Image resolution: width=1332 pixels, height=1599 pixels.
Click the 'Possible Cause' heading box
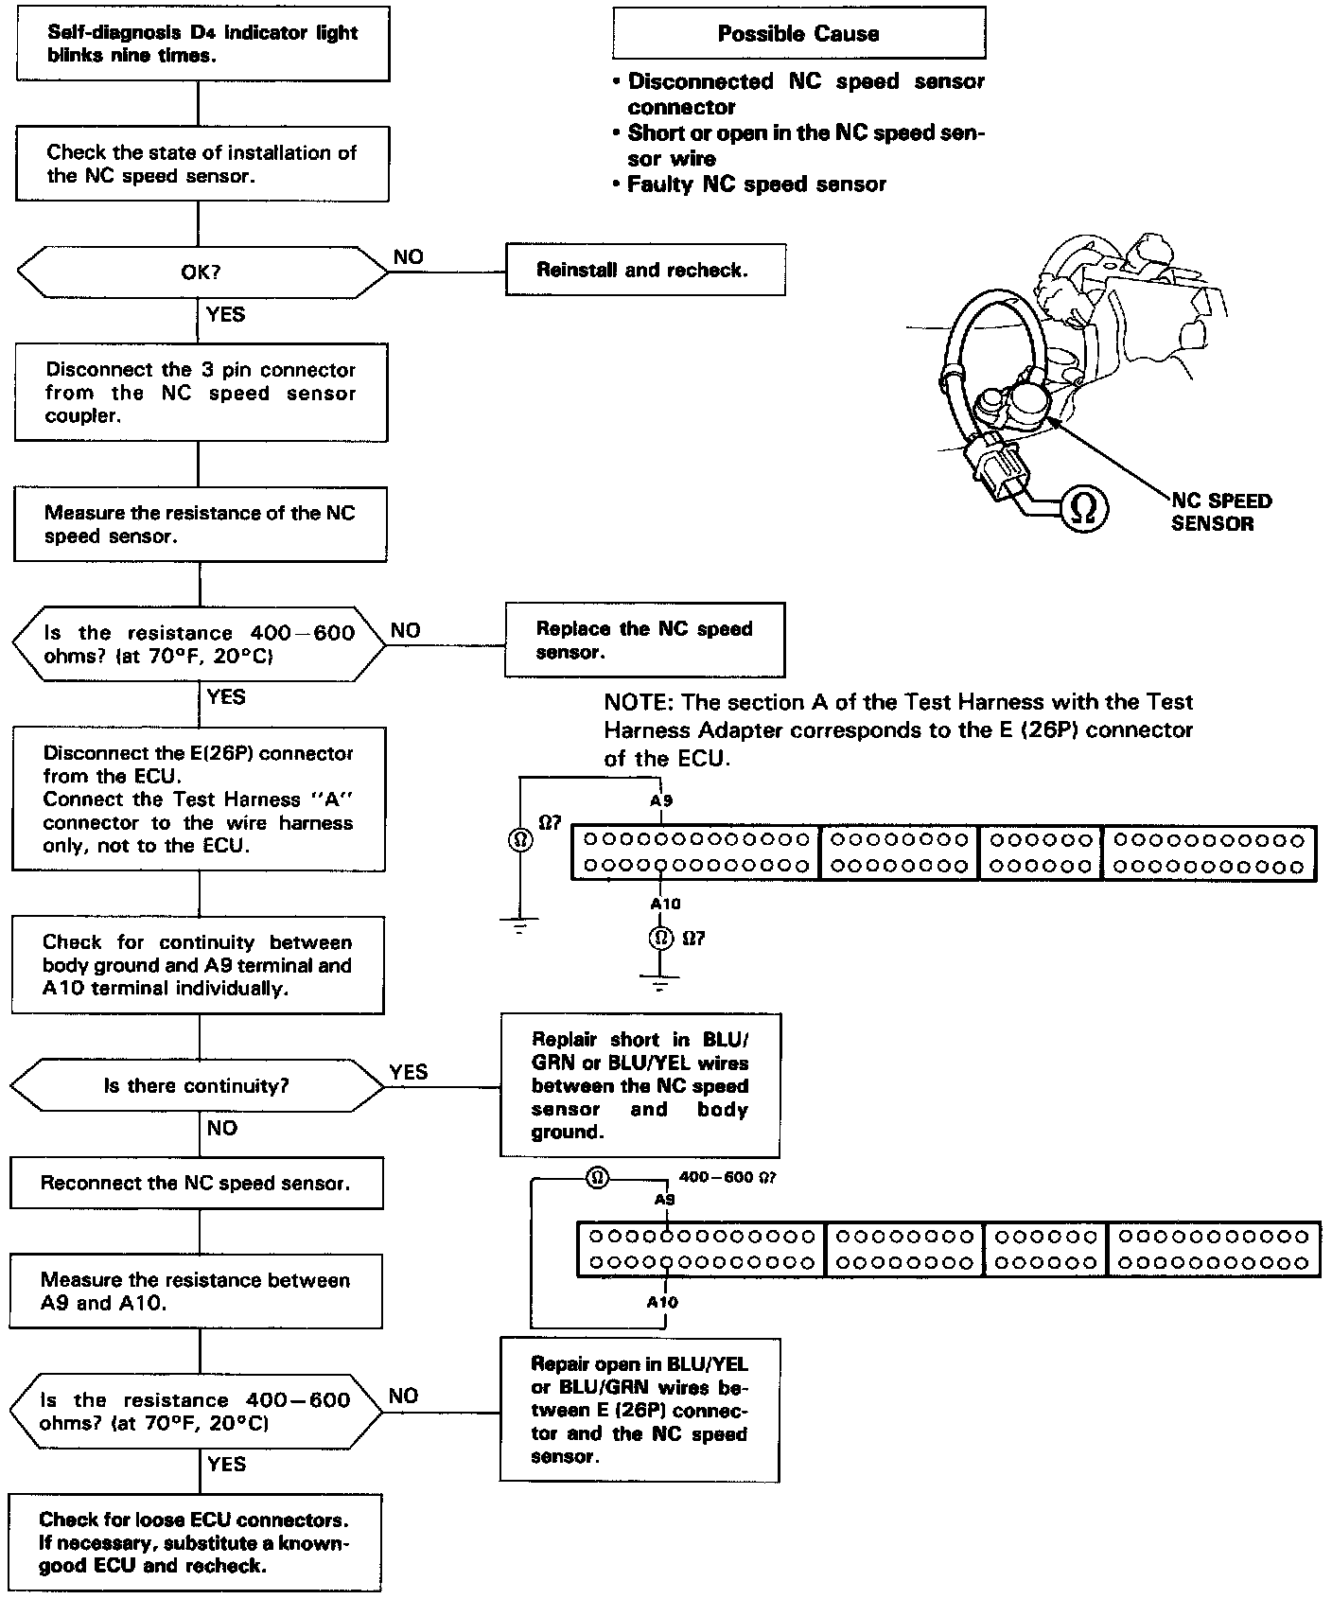(798, 34)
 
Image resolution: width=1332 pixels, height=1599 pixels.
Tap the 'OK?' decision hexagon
(201, 272)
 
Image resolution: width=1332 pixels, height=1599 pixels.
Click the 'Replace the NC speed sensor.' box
(644, 641)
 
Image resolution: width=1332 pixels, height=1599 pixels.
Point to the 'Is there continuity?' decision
(197, 1085)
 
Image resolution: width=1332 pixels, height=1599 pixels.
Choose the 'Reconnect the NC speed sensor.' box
(196, 1184)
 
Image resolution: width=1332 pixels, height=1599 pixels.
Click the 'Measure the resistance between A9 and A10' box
(196, 1291)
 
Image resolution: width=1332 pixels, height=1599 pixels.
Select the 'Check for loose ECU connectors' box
(195, 1542)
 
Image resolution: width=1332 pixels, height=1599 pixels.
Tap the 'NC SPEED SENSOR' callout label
(1221, 512)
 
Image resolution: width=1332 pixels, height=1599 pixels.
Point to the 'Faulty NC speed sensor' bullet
(756, 184)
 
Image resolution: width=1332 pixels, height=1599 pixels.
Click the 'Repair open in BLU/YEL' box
(640, 1410)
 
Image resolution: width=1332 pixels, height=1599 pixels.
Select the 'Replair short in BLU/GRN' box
(640, 1085)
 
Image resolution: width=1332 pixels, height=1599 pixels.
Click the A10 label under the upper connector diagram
(665, 905)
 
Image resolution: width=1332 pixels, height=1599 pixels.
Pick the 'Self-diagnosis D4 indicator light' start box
(202, 44)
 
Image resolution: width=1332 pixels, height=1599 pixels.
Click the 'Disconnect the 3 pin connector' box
(201, 393)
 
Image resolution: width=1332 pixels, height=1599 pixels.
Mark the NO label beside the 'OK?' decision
(408, 257)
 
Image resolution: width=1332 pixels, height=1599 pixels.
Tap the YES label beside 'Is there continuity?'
(409, 1072)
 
